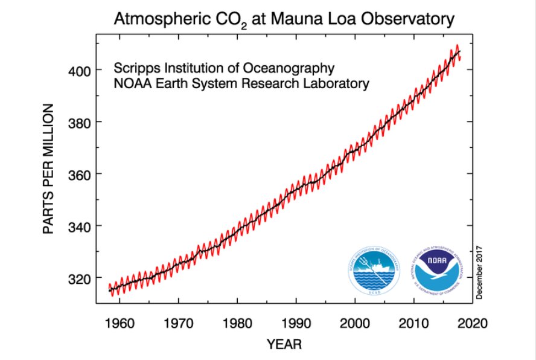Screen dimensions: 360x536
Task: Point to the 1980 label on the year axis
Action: click(x=237, y=323)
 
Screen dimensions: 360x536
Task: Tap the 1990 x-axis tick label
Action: click(x=296, y=323)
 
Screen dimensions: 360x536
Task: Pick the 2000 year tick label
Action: click(x=355, y=323)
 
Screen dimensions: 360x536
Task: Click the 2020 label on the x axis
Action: click(x=473, y=323)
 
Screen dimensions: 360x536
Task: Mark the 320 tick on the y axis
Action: click(x=79, y=278)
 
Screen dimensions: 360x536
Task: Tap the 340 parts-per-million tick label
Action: click(x=79, y=227)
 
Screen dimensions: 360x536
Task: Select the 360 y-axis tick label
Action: click(x=79, y=175)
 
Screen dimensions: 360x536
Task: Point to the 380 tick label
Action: click(x=79, y=123)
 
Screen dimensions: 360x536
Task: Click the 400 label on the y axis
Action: click(x=79, y=71)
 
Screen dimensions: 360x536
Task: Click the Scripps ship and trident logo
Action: click(x=375, y=272)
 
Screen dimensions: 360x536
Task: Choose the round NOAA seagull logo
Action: click(x=439, y=272)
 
